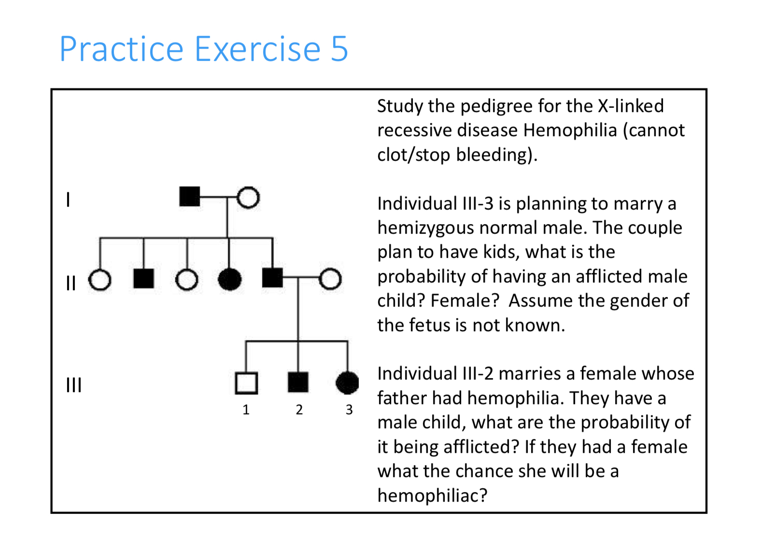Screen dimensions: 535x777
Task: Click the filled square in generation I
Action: pos(189,197)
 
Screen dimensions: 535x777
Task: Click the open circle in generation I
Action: pos(248,197)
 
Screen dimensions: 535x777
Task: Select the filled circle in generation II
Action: pos(229,279)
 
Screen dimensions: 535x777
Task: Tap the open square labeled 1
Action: pos(246,383)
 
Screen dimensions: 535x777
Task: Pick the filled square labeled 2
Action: pos(298,382)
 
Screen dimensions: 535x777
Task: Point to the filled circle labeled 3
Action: pos(347,383)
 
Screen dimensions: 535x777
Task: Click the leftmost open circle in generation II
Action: pos(100,280)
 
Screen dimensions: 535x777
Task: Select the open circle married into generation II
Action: pos(330,279)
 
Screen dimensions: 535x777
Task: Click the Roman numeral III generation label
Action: pos(73,385)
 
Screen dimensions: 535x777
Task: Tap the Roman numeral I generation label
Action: pos(68,199)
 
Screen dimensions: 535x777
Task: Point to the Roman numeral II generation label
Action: pos(71,283)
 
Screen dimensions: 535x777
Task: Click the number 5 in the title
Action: pos(339,49)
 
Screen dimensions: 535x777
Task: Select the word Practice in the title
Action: pos(121,49)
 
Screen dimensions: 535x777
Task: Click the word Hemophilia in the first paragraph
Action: pos(570,130)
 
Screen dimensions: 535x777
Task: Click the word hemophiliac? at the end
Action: pos(432,495)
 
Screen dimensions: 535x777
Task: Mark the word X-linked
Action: pos(631,106)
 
